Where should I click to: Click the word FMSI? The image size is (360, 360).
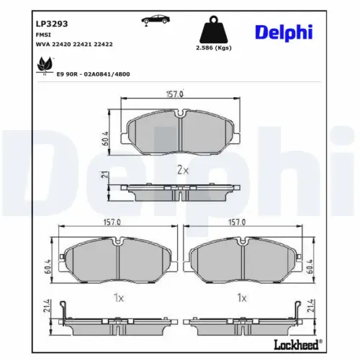(43, 34)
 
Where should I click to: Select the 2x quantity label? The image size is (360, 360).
(183, 171)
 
